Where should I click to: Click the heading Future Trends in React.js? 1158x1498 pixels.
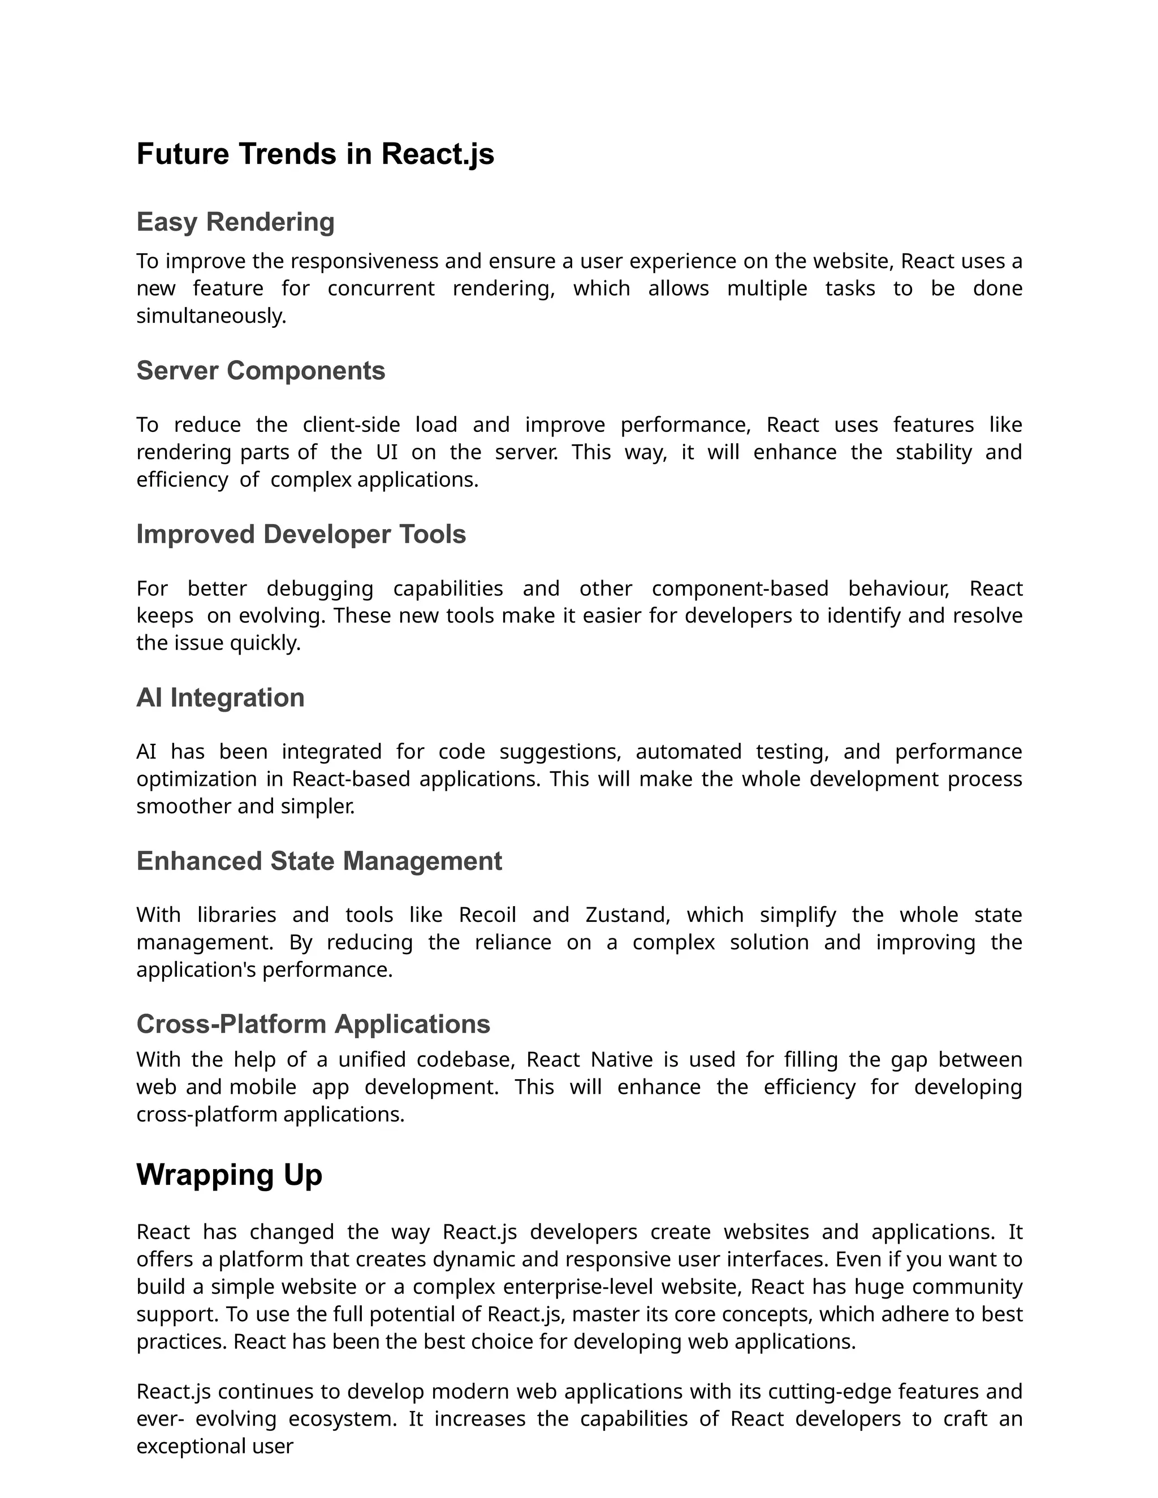315,154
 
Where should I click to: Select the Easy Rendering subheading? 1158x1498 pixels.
235,222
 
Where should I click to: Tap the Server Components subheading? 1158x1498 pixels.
261,371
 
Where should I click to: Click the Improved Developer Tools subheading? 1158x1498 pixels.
301,534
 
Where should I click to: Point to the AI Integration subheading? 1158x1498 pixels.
220,698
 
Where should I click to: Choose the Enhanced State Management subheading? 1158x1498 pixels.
319,861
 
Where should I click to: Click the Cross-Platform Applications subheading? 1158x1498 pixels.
313,1024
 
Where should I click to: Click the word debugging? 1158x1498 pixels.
319,588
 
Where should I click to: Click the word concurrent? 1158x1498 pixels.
381,289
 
